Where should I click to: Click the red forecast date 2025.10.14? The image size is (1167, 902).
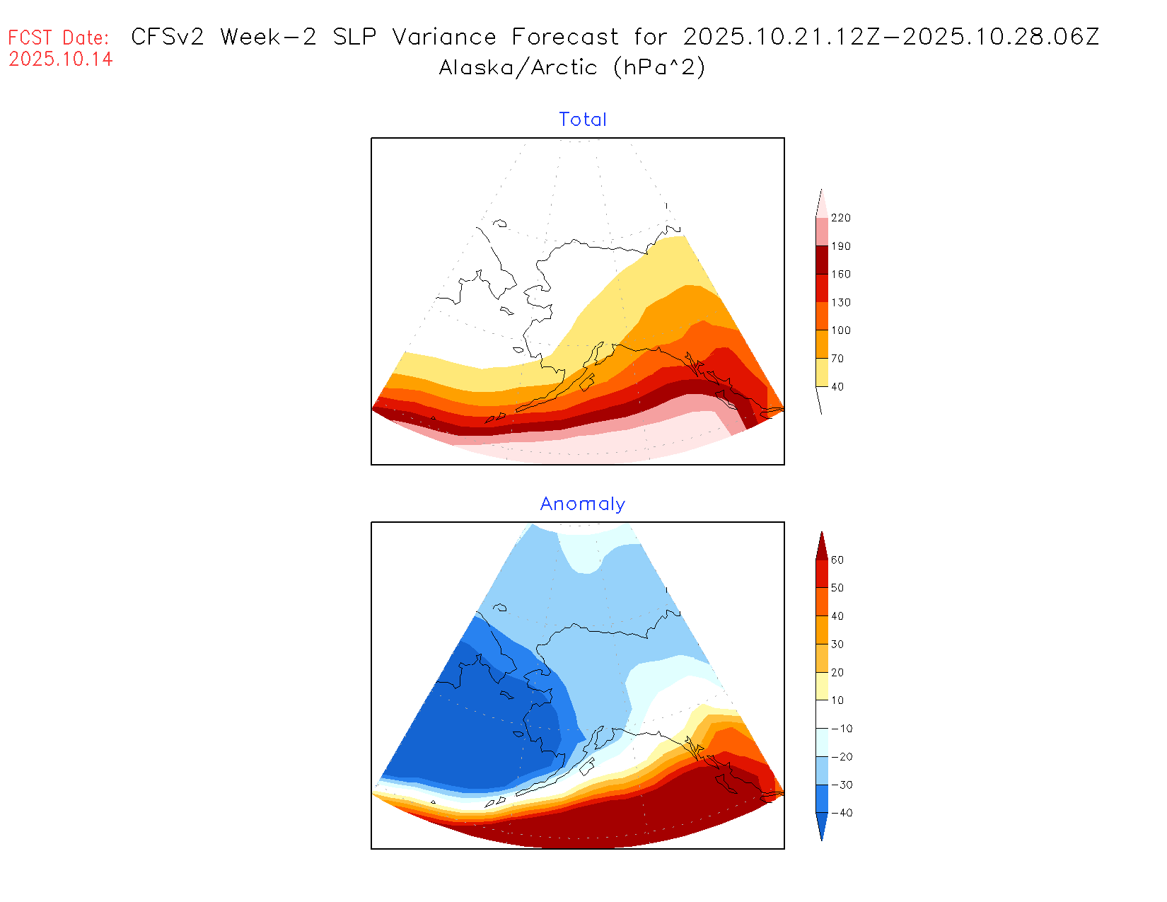click(x=61, y=59)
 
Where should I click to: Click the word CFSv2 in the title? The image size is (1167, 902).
click(x=168, y=37)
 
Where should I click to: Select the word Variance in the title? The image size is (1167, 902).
click(x=444, y=37)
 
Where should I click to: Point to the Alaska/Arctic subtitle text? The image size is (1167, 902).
click(x=518, y=68)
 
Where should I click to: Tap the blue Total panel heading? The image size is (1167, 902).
click(x=583, y=120)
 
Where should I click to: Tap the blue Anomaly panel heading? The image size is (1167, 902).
click(x=583, y=504)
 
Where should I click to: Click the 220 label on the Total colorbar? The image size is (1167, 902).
click(x=841, y=218)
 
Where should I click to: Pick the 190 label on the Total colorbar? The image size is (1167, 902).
click(x=841, y=246)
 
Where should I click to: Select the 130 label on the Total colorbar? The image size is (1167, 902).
click(x=841, y=302)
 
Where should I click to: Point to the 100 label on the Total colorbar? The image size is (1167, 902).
click(x=841, y=330)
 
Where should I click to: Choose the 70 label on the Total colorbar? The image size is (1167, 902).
click(x=837, y=359)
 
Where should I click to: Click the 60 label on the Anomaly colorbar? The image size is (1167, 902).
click(x=837, y=560)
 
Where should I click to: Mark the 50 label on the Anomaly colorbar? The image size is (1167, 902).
click(x=837, y=588)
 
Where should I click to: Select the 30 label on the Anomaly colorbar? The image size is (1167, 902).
click(x=837, y=644)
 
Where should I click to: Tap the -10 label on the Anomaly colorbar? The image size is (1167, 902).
click(x=842, y=729)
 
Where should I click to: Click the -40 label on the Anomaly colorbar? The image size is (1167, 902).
click(x=842, y=813)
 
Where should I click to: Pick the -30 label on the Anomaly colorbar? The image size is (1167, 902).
click(x=842, y=785)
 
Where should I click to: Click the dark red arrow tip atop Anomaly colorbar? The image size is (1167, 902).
click(x=822, y=545)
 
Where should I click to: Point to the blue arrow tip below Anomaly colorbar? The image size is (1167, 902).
click(x=822, y=828)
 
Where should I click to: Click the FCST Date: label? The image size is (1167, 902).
click(x=59, y=37)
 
